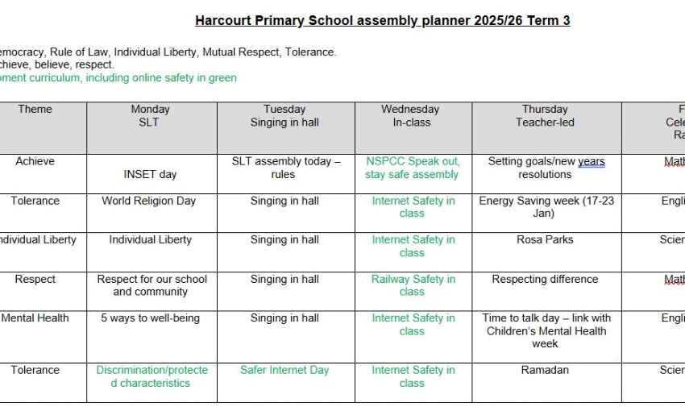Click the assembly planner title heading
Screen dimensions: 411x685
[382, 21]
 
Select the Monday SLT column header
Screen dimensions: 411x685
[151, 116]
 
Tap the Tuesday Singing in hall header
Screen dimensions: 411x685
[284, 116]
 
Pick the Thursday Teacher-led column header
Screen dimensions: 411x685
[546, 116]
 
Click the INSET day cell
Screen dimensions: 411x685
[151, 174]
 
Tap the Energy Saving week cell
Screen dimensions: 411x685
[546, 207]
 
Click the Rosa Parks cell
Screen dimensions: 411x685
[546, 239]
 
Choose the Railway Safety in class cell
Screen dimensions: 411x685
[413, 285]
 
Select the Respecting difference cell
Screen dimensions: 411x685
[546, 279]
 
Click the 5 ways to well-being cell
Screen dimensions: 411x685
[150, 318]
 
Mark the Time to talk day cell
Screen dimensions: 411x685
[546, 330]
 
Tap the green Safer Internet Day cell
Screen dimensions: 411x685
[284, 370]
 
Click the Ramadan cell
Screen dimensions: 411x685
[546, 370]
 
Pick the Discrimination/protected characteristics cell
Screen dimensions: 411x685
[152, 376]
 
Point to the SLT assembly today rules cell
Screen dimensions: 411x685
[285, 168]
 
